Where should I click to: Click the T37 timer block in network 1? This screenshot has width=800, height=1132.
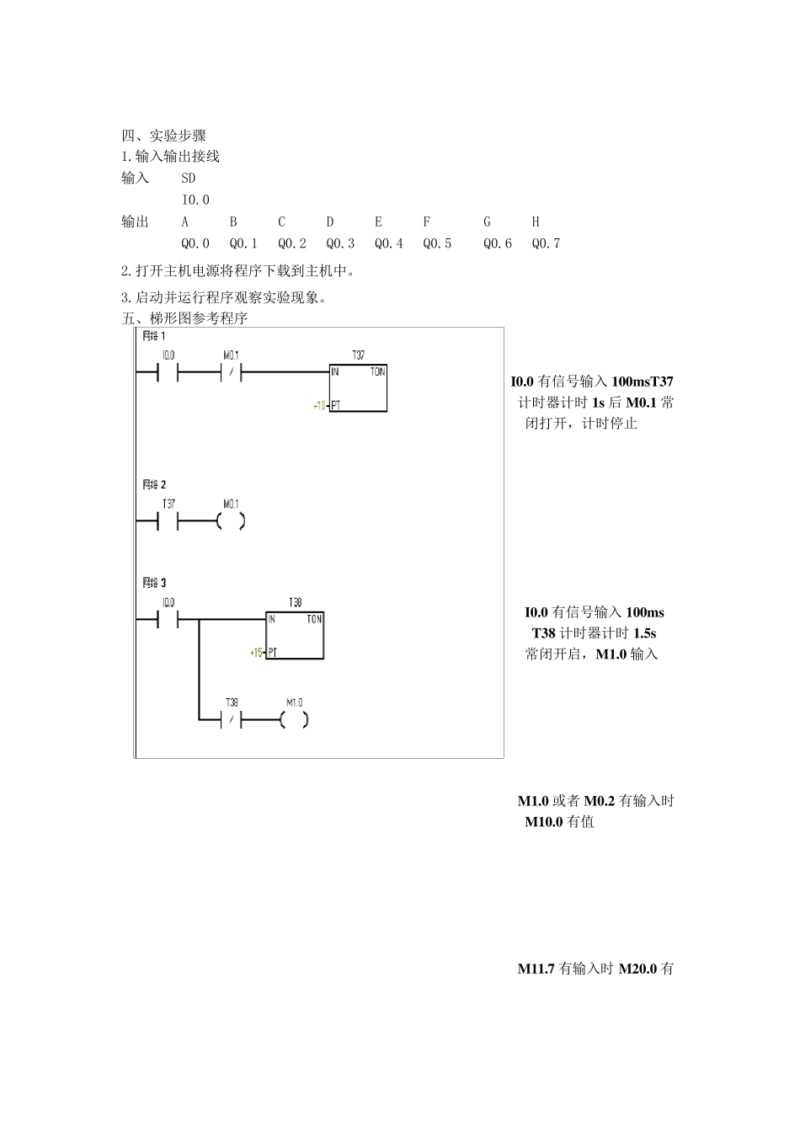(x=358, y=387)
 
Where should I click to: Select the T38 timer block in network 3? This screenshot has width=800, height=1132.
(x=295, y=634)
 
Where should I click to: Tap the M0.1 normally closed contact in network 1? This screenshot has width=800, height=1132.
(x=231, y=371)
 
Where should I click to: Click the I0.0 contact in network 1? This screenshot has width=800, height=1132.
(x=168, y=371)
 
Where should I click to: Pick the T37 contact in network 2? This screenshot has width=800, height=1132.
(x=168, y=521)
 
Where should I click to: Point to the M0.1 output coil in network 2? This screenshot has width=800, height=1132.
(x=231, y=521)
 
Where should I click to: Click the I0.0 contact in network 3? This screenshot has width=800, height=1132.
(x=168, y=619)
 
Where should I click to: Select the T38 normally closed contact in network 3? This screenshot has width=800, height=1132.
(x=231, y=719)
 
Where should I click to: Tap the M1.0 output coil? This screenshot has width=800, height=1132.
(x=294, y=719)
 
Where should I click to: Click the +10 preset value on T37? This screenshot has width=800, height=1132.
(x=319, y=405)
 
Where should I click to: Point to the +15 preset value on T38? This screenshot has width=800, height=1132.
(x=256, y=652)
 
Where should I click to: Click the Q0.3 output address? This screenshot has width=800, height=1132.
(x=340, y=243)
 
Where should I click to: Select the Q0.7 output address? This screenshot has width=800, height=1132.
(x=546, y=243)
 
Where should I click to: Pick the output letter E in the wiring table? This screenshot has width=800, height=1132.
(x=378, y=222)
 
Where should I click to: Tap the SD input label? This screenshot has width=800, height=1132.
(x=188, y=178)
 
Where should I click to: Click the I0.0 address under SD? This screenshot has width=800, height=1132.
(x=195, y=200)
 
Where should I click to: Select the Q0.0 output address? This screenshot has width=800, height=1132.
(x=195, y=243)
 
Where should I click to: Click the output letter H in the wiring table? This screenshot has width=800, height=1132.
(x=536, y=222)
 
